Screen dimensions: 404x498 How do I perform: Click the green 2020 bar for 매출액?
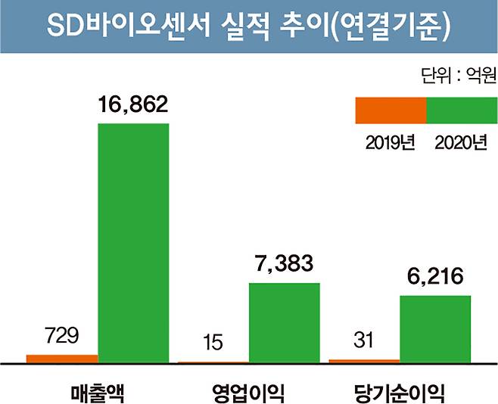134,242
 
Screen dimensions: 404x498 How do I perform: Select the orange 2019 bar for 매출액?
62,359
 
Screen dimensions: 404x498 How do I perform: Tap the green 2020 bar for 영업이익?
285,322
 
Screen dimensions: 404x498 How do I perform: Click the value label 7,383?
285,266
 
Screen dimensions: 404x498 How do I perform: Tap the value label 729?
62,335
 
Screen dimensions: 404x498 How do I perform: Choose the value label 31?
364,341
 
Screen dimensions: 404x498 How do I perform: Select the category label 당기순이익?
399,387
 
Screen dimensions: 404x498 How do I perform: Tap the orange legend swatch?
391,110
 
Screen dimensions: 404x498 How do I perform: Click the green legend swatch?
462,110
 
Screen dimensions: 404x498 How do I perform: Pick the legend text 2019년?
391,141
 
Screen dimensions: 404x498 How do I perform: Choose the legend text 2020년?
461,141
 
